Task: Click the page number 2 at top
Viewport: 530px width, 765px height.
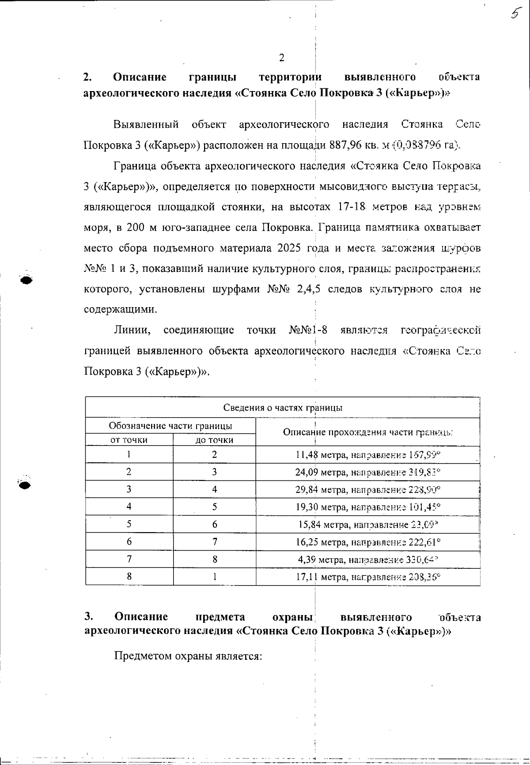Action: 282,58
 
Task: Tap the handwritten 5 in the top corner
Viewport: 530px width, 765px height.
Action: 514,14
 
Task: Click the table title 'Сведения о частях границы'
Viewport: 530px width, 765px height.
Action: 283,407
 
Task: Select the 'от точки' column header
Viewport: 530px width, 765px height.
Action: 129,440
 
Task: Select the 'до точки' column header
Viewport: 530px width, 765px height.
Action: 214,440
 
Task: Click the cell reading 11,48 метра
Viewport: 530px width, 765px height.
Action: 368,455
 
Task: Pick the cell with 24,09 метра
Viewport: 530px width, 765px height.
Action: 368,472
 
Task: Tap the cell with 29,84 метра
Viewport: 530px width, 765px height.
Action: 368,490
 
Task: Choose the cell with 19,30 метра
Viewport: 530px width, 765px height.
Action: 368,507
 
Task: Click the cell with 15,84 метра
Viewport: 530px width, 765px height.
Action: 368,525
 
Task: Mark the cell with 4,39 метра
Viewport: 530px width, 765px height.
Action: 368,559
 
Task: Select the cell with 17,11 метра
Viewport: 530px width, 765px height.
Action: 368,577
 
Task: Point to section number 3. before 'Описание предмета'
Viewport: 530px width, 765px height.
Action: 88,617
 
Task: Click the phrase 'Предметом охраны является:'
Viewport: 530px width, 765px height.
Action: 188,656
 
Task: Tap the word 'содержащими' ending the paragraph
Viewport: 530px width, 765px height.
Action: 120,309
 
